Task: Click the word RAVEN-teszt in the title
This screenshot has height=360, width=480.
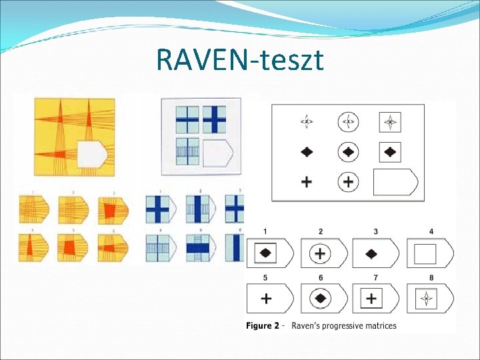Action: pyautogui.click(x=240, y=60)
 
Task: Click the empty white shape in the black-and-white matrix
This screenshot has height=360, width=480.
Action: pyautogui.click(x=395, y=181)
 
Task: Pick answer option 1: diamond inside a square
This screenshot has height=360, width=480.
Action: pyautogui.click(x=269, y=254)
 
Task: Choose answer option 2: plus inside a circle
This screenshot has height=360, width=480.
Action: pyautogui.click(x=323, y=254)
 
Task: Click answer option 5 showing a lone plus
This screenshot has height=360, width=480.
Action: pyautogui.click(x=269, y=298)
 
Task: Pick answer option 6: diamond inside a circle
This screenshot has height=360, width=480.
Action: pyautogui.click(x=323, y=298)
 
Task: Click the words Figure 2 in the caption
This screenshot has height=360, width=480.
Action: pyautogui.click(x=263, y=326)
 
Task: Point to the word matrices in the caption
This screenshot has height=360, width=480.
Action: pyautogui.click(x=380, y=326)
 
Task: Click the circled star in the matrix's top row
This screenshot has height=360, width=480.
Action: pyautogui.click(x=348, y=122)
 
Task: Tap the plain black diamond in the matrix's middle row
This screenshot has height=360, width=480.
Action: pyautogui.click(x=307, y=151)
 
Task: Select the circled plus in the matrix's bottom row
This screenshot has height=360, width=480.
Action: pyautogui.click(x=348, y=181)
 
